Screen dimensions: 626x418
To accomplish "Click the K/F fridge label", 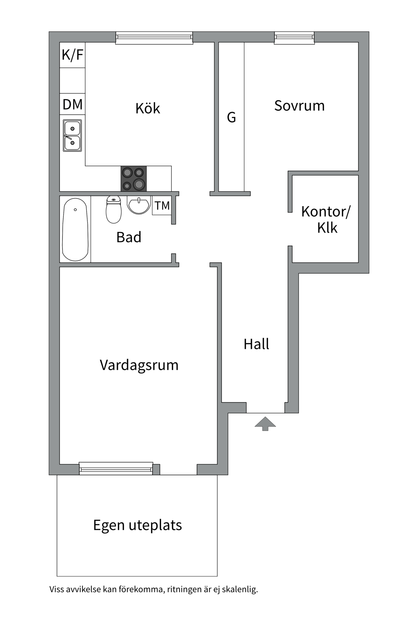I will pyautogui.click(x=72, y=55).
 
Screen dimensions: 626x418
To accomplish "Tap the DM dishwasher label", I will pyautogui.click(x=72, y=105).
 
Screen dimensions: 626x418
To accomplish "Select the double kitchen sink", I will pyautogui.click(x=72, y=136).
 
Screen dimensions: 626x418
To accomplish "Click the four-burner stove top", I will pyautogui.click(x=134, y=179).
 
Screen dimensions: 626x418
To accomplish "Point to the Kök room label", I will pyautogui.click(x=148, y=109).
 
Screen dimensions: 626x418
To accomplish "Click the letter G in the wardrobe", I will pyautogui.click(x=231, y=117).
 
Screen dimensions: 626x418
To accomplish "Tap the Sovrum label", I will pyautogui.click(x=299, y=106).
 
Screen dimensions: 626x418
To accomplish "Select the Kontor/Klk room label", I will pyautogui.click(x=326, y=219).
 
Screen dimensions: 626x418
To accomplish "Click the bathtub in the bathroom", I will pyautogui.click(x=75, y=230).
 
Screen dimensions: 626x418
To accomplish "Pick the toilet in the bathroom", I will pyautogui.click(x=114, y=210).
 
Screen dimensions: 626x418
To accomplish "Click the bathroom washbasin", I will pyautogui.click(x=139, y=205).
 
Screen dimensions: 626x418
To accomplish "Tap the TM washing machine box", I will pyautogui.click(x=162, y=206).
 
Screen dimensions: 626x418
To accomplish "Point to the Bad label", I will pyautogui.click(x=129, y=237).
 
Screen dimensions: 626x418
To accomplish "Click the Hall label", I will pyautogui.click(x=256, y=344).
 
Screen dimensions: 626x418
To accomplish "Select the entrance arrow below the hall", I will pyautogui.click(x=265, y=423).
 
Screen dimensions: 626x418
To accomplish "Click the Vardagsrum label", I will pyautogui.click(x=139, y=365).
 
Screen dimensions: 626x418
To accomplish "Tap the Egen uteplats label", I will pyautogui.click(x=137, y=525).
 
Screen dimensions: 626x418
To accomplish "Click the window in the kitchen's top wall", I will pyautogui.click(x=154, y=38).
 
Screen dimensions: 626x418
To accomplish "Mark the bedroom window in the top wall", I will pyautogui.click(x=294, y=37).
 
